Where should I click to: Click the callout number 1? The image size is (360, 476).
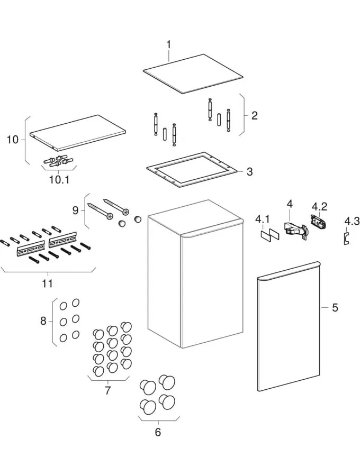click(x=168, y=44)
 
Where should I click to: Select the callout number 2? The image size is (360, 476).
click(x=254, y=115)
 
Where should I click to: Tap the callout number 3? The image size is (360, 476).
click(x=249, y=172)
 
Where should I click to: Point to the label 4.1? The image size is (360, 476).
click(x=263, y=219)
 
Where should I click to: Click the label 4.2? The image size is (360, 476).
click(x=319, y=206)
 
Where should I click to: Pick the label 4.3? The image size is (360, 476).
click(x=352, y=221)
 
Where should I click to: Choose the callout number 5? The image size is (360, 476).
click(x=335, y=307)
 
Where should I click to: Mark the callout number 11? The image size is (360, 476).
click(x=48, y=284)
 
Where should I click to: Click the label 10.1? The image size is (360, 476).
click(x=59, y=179)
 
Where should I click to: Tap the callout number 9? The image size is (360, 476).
click(x=75, y=210)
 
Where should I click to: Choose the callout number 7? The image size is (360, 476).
click(x=107, y=390)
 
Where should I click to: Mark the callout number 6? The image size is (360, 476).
click(x=158, y=432)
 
